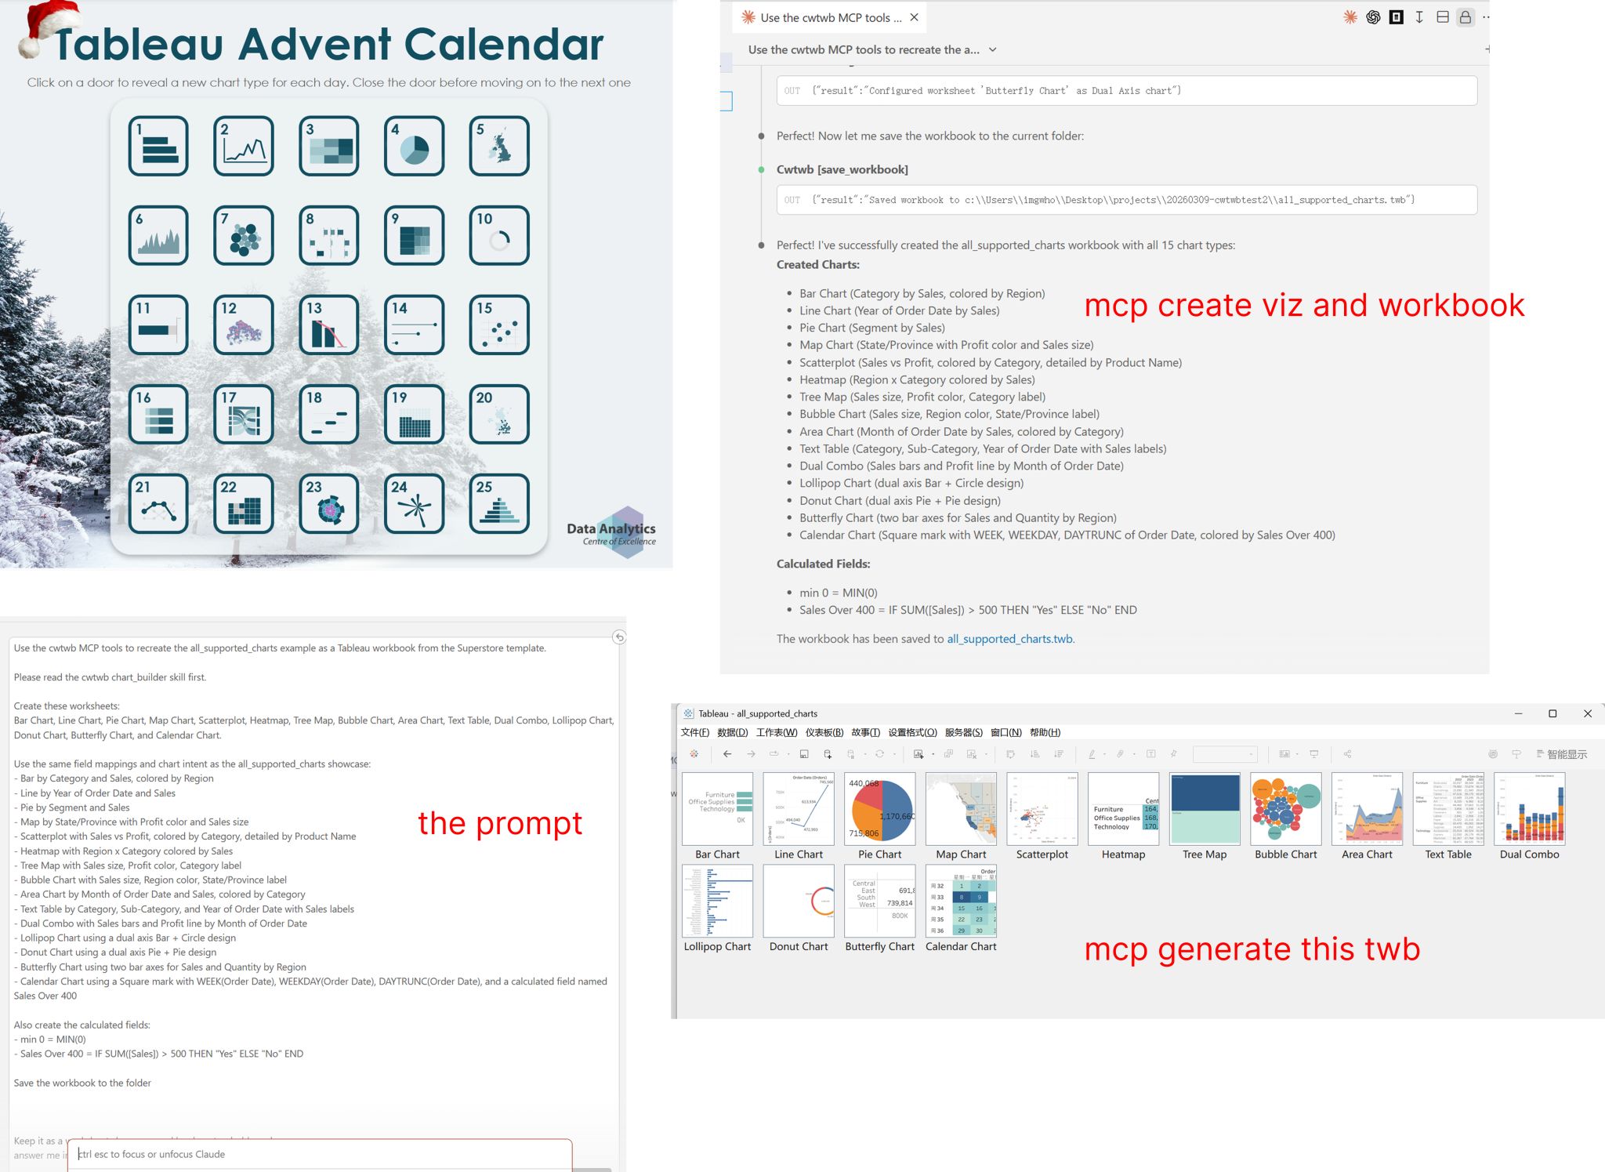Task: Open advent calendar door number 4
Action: pos(414,146)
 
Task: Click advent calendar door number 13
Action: pos(328,325)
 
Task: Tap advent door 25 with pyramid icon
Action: pos(499,503)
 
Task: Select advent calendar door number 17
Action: pos(244,414)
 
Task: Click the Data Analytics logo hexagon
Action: pos(626,532)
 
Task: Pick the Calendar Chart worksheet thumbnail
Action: pos(961,901)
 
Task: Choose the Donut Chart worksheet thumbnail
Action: pos(799,901)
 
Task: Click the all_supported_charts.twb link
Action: pos(1009,639)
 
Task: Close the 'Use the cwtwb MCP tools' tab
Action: pos(914,17)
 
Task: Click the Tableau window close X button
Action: pos(1588,713)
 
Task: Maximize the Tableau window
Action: pos(1552,713)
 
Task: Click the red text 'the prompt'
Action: pos(500,823)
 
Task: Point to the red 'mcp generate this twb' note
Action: pos(1252,949)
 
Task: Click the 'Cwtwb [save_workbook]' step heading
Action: pos(842,169)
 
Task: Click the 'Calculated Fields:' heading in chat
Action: pos(823,564)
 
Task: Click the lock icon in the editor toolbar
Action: pos(1465,17)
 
